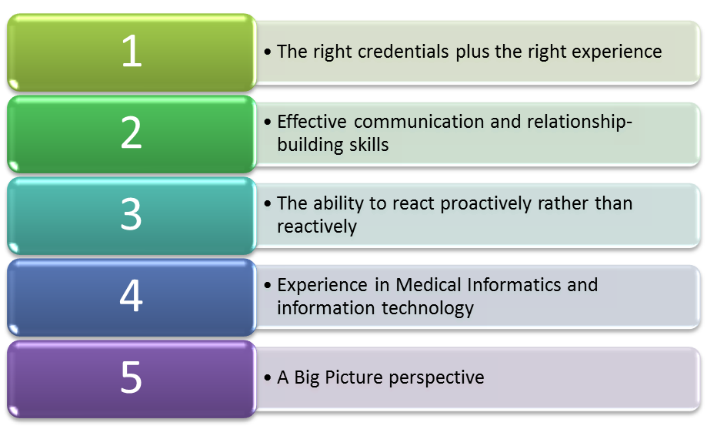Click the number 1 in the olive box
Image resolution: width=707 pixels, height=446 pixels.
pos(132,51)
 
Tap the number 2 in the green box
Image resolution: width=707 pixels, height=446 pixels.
pos(132,132)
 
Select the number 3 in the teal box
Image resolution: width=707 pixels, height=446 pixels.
pos(132,214)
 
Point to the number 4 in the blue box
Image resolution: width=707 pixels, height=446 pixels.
pos(132,295)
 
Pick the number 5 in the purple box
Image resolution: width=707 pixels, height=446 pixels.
pos(132,377)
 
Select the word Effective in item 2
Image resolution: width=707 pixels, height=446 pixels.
pos(312,122)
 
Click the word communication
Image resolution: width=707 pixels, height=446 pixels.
pos(419,122)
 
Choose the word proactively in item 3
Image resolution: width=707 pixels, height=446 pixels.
pos(485,204)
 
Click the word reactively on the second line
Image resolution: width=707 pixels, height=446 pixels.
pos(317,227)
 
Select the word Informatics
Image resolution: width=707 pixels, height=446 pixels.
pos(514,285)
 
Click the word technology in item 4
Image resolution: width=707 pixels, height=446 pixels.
pos(428,309)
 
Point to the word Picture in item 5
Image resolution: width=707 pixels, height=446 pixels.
pos(354,377)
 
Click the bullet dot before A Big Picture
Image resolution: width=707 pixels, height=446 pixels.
pos(268,378)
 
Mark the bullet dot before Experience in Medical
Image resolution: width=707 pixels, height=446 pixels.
pos(268,286)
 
